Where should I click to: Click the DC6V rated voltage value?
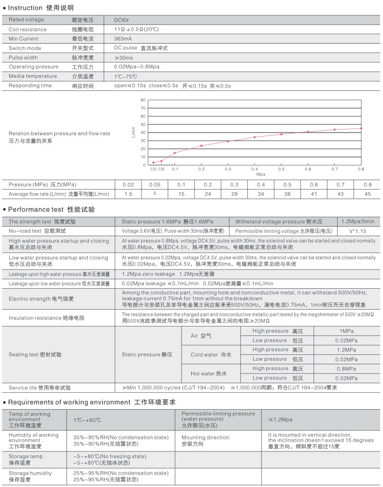(121, 20)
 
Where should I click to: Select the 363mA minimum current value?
(122, 39)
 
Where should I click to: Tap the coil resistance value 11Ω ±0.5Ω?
(137, 29)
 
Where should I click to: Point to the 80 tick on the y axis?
(143, 100)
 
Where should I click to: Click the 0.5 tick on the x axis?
(281, 169)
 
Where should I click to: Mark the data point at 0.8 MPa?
(361, 128)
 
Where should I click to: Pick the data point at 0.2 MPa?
(201, 145)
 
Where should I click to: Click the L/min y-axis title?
(133, 132)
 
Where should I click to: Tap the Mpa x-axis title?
(261, 174)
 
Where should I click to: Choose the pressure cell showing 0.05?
(154, 185)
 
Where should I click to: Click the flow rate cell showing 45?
(367, 193)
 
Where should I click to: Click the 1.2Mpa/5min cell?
(358, 221)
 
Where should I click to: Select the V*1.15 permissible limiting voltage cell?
(358, 231)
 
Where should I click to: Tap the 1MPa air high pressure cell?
(347, 331)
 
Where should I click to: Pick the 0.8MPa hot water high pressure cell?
(347, 369)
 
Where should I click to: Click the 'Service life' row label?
(40, 388)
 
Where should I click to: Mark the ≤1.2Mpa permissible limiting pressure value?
(280, 419)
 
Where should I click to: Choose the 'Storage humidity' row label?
(30, 476)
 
